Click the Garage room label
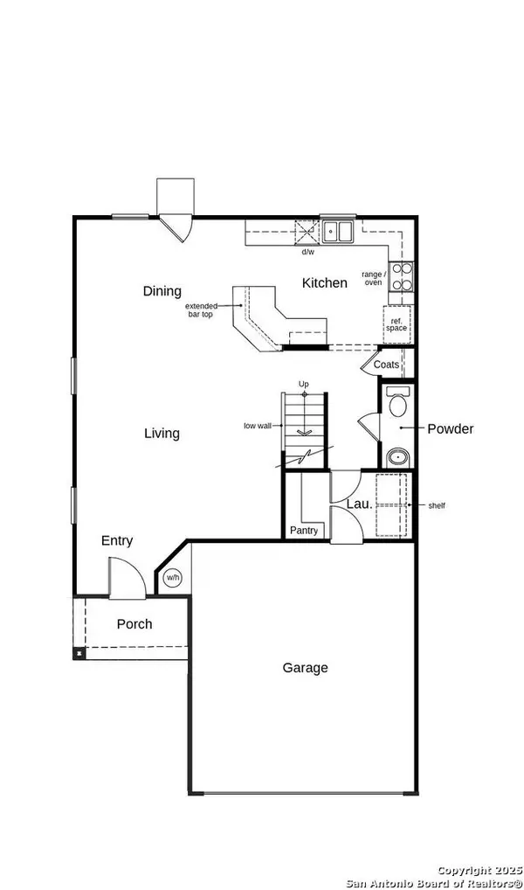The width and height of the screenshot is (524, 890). click(x=305, y=668)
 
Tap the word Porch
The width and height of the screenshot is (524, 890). click(x=134, y=624)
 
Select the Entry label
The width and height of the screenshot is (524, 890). click(x=117, y=541)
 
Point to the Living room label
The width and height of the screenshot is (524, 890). click(x=162, y=433)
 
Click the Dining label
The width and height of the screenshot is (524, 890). click(x=162, y=291)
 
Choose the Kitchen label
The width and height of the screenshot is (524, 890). click(x=325, y=282)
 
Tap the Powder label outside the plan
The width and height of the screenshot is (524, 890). click(x=450, y=428)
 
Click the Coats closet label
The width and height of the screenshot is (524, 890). click(x=386, y=365)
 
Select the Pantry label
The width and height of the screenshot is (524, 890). click(x=305, y=531)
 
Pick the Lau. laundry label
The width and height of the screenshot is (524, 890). click(x=359, y=504)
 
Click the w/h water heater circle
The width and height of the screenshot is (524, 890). click(x=173, y=578)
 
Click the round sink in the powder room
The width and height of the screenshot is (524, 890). click(x=398, y=455)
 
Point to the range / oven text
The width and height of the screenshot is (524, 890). click(x=373, y=277)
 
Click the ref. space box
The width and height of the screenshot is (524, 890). click(x=397, y=324)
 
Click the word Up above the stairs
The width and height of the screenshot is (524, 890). click(x=304, y=384)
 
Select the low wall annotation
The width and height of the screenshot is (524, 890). click(x=257, y=427)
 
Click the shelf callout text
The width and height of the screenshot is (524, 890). click(x=438, y=505)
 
